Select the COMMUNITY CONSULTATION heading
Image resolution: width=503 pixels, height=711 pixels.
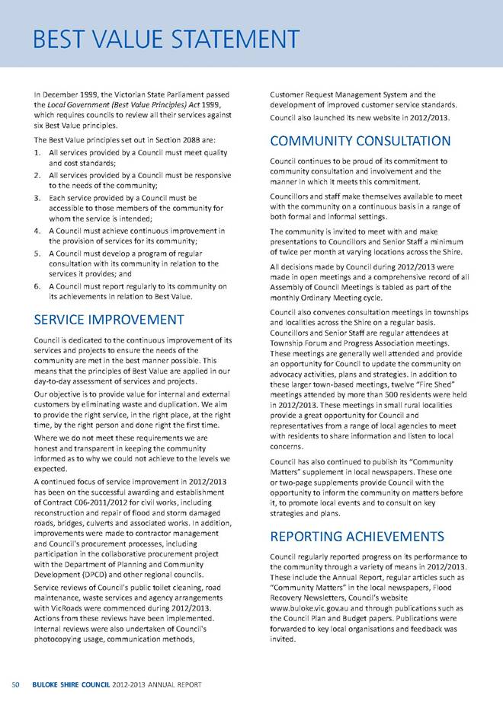(360, 141)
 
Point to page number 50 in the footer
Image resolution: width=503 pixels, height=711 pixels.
(14, 685)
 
